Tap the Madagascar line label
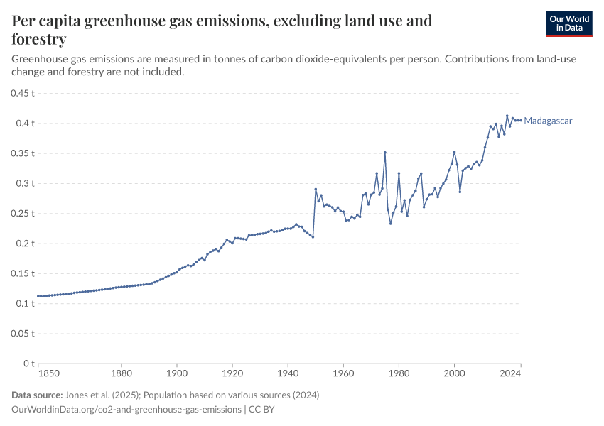pos(548,121)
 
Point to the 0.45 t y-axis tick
pos(23,93)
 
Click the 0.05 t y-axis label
pos(23,334)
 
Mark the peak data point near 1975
pos(385,152)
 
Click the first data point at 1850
pos(38,296)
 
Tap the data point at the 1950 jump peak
pos(316,189)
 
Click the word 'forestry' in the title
pos(40,39)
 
